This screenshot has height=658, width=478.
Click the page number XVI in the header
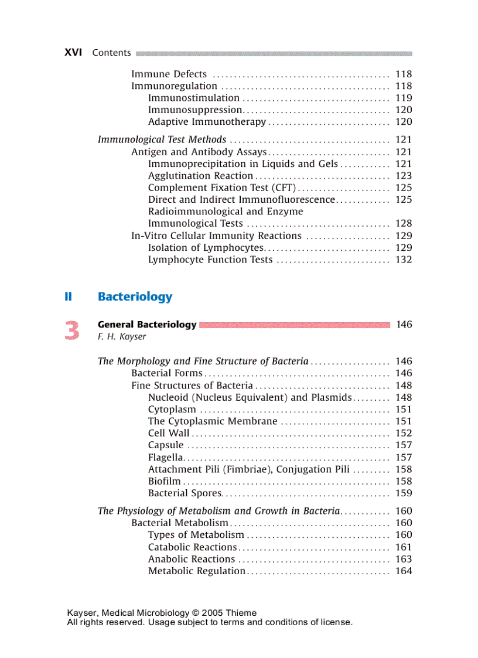click(x=73, y=53)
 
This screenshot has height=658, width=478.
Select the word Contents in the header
click(x=111, y=53)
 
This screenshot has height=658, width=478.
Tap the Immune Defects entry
click(x=169, y=74)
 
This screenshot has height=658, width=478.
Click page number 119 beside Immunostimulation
click(x=404, y=98)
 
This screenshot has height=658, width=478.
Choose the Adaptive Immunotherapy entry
click(x=207, y=122)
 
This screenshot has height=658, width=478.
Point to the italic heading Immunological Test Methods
click(x=162, y=139)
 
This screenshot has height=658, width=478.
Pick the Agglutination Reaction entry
click(x=200, y=176)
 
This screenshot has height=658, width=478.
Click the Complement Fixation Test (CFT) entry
click(x=222, y=188)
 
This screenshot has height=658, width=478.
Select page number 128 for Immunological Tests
click(x=404, y=224)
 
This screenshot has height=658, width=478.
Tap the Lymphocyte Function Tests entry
click(x=210, y=260)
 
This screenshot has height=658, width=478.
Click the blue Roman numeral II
click(x=68, y=296)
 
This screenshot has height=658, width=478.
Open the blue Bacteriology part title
click(x=135, y=296)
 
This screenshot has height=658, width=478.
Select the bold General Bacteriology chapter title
click(x=147, y=325)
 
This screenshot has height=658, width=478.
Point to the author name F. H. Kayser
click(x=122, y=337)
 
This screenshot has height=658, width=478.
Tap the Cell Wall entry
click(x=169, y=434)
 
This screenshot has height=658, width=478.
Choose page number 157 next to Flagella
click(x=404, y=458)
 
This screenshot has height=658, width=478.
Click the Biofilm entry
click(x=164, y=482)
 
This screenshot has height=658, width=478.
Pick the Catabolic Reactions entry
click(x=192, y=547)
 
